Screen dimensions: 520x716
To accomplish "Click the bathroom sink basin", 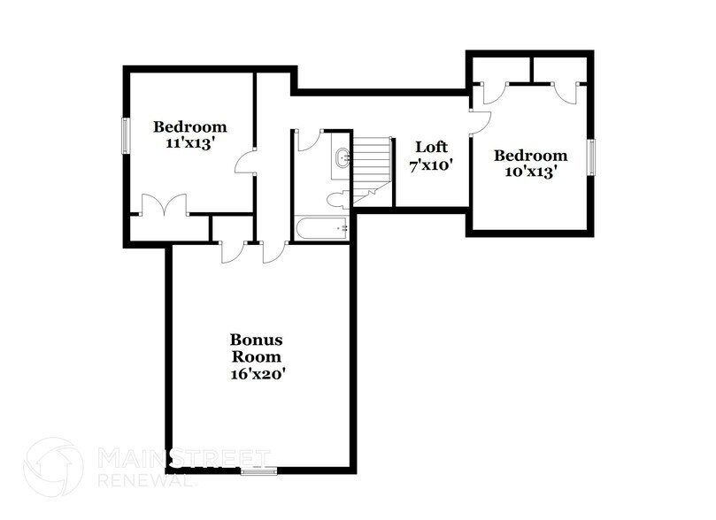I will tap(343, 160).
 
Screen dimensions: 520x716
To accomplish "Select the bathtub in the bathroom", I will tap(321, 229).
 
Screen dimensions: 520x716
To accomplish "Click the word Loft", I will tap(432, 147).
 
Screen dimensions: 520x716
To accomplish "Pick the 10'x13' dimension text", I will tap(530, 172).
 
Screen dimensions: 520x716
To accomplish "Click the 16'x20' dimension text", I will tap(257, 374).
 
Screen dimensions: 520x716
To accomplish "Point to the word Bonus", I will tap(257, 340).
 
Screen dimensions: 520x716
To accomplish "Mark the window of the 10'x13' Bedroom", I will tap(592, 157).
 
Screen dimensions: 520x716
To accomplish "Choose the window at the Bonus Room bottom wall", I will tap(259, 471).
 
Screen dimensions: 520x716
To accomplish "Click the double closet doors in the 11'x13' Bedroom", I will tap(164, 205).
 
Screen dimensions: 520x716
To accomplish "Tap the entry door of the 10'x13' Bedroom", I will tap(478, 125).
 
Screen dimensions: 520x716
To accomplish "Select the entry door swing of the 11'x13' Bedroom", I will tap(245, 163).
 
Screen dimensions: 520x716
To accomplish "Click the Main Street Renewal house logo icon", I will tap(53, 466).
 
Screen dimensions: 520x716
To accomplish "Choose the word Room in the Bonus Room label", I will tap(257, 357).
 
